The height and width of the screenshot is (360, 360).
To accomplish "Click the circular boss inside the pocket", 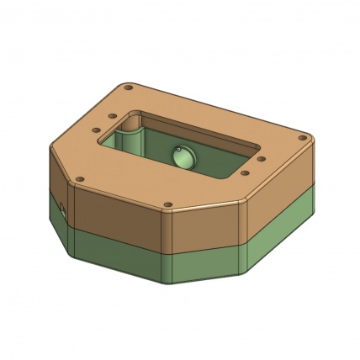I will click(x=182, y=156).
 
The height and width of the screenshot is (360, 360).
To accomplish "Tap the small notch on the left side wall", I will click(x=62, y=207).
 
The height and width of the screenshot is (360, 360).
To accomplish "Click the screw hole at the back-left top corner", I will click(x=128, y=87).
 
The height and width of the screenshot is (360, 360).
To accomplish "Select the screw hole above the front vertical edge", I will click(x=167, y=204).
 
